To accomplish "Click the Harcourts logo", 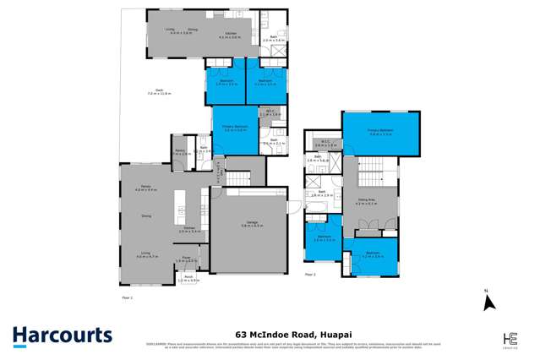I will pyautogui.click(x=63, y=335).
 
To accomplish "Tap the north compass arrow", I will pyautogui.click(x=488, y=301).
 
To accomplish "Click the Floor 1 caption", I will pyautogui.click(x=128, y=298).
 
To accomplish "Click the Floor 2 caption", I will pyautogui.click(x=309, y=275).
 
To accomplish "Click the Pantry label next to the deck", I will pyautogui.click(x=178, y=152).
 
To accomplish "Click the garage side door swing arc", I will pyautogui.click(x=290, y=208).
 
